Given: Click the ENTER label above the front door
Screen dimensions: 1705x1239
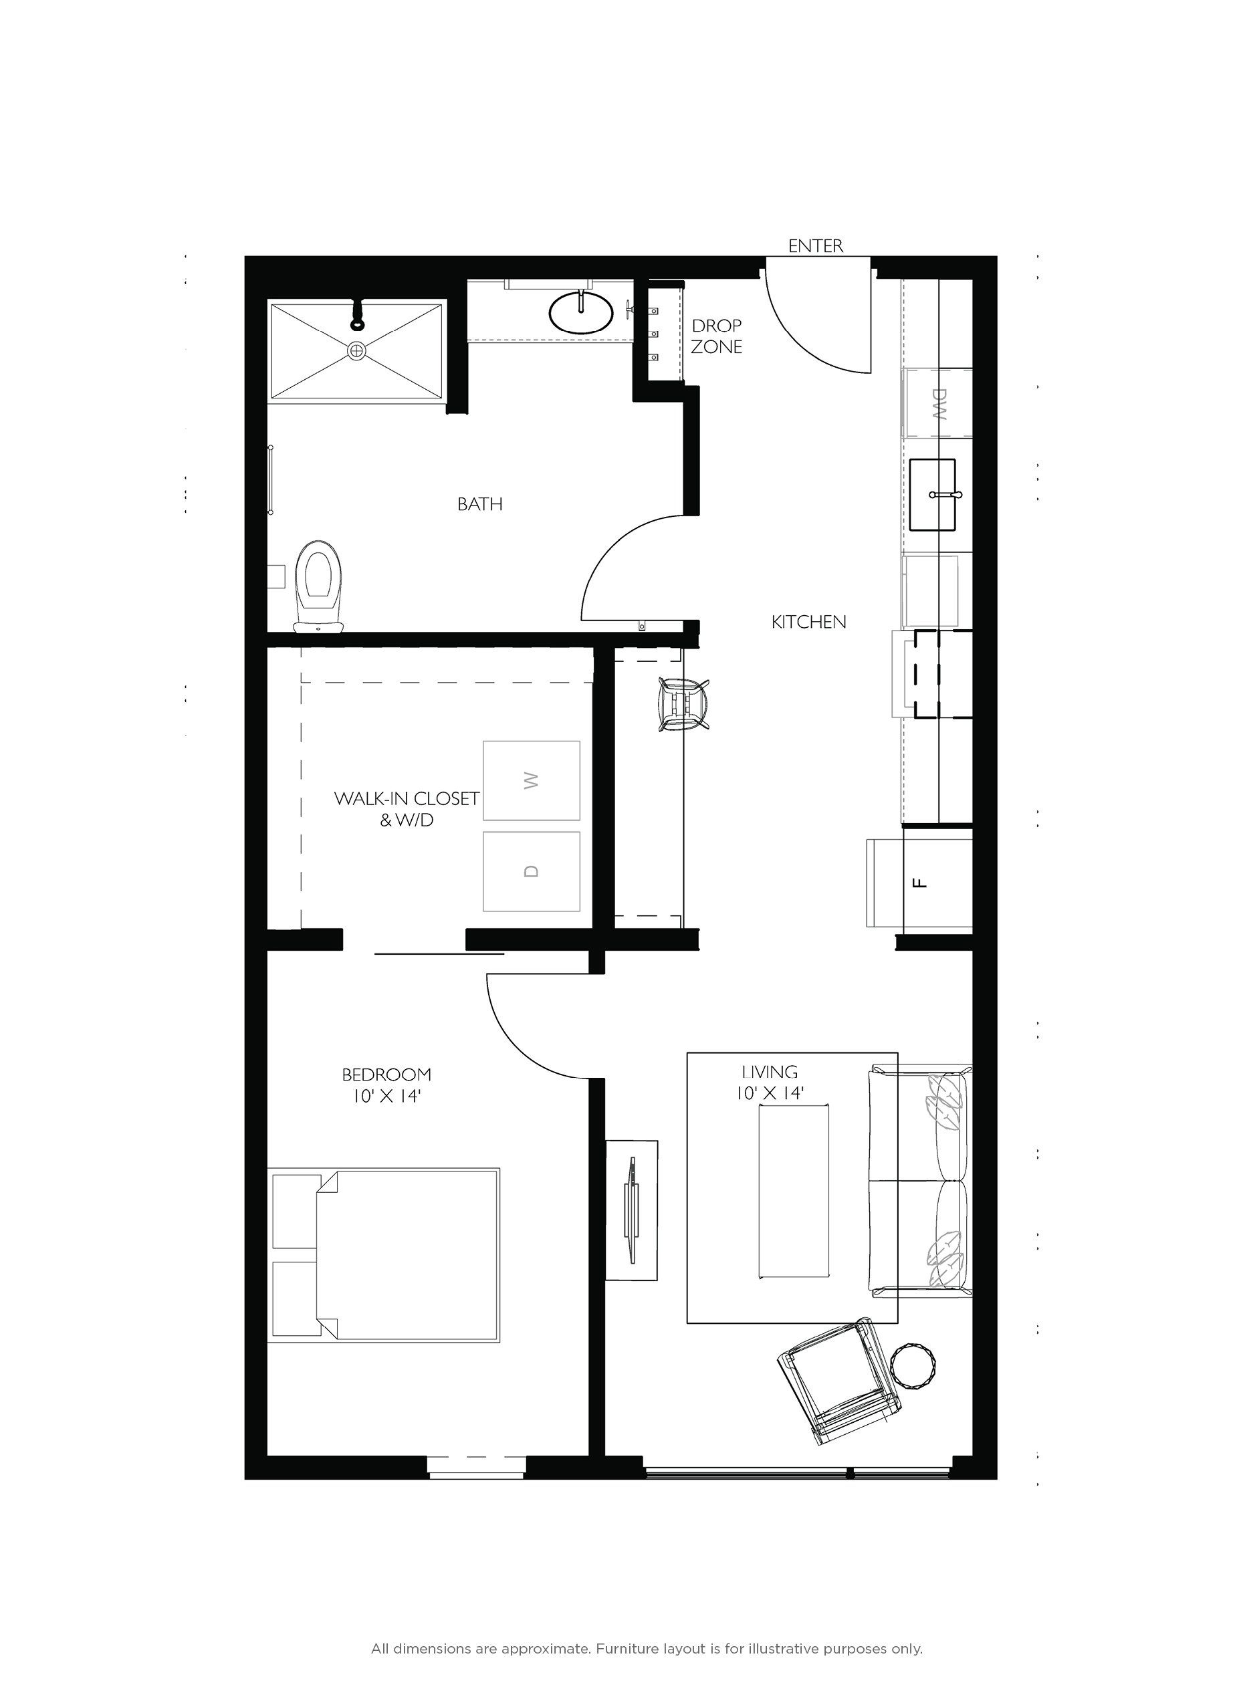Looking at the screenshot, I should click(x=815, y=246).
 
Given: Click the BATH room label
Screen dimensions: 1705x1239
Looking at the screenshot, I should click(x=479, y=504).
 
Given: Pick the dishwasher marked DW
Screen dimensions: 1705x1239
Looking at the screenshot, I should click(x=937, y=403).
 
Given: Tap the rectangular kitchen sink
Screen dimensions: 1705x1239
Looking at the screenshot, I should click(x=932, y=495).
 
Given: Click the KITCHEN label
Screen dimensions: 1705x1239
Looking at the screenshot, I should click(x=808, y=622).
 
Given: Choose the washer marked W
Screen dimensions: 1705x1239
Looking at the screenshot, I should click(x=532, y=780).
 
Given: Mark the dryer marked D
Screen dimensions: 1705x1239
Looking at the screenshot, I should click(x=532, y=871).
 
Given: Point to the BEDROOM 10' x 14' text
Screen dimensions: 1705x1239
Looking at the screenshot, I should click(x=386, y=1085).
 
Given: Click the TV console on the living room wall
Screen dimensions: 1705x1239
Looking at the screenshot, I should click(x=631, y=1210).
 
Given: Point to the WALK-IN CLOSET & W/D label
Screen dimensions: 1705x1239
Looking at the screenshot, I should click(x=407, y=809).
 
